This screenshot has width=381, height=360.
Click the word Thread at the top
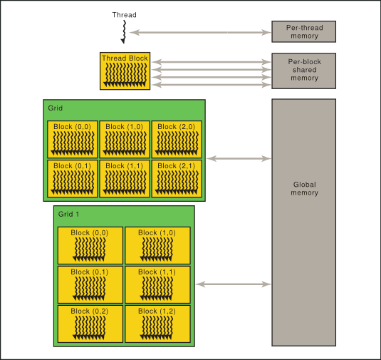[124, 15]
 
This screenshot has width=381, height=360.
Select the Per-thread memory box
[304, 31]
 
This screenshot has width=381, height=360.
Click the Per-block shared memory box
[304, 71]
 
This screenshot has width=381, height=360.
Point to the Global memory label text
[304, 188]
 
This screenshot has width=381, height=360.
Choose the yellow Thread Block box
[125, 71]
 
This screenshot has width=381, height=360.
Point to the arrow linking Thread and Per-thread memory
[200, 31]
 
